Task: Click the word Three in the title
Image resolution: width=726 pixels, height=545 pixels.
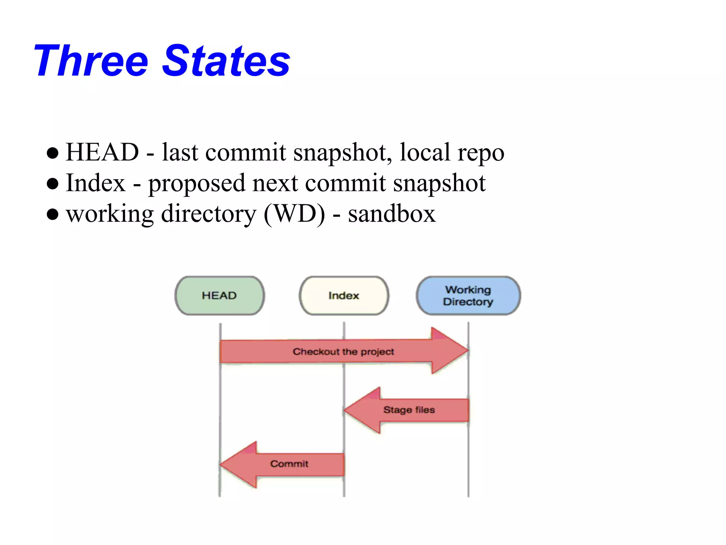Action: click(x=91, y=61)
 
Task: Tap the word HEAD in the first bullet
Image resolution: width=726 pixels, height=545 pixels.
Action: click(x=102, y=153)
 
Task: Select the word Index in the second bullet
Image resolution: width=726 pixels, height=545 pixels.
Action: click(x=96, y=183)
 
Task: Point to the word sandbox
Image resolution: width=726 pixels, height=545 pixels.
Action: click(x=391, y=214)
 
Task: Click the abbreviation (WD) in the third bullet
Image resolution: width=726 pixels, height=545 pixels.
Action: click(x=294, y=214)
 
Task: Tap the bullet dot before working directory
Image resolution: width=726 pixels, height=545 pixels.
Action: click(x=52, y=214)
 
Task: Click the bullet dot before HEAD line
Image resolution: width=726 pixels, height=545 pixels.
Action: click(x=52, y=153)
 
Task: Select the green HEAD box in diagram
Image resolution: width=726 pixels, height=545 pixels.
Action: click(x=219, y=296)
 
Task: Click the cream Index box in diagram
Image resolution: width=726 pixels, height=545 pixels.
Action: click(x=344, y=296)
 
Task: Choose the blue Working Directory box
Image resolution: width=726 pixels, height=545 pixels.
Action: click(x=468, y=296)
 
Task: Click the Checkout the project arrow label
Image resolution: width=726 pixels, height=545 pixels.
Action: click(x=343, y=352)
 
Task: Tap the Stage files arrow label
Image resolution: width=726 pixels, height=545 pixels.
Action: click(x=409, y=410)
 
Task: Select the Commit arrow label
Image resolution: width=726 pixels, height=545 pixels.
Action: click(x=289, y=464)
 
